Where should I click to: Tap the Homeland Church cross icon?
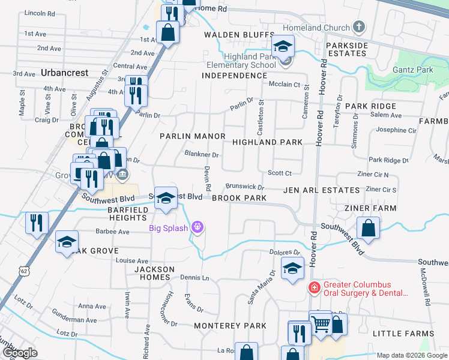pos(359,27)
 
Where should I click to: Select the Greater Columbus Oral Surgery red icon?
pos(313,289)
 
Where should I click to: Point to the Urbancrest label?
pos(65,73)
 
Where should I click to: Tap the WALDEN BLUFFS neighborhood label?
pos(239,35)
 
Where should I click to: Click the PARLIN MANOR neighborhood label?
pos(192,136)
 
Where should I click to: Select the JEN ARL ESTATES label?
pos(322,190)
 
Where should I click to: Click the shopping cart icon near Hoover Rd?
pos(321,325)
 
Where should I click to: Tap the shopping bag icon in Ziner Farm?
pos(368,228)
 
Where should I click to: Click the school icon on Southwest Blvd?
pos(166,199)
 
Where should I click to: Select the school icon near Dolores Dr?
pos(292,270)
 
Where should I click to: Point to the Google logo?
pos(19,353)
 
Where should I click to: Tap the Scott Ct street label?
pos(280,173)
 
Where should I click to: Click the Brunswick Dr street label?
pos(244,187)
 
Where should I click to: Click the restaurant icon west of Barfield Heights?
pos(37,223)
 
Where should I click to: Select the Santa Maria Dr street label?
pos(262,286)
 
